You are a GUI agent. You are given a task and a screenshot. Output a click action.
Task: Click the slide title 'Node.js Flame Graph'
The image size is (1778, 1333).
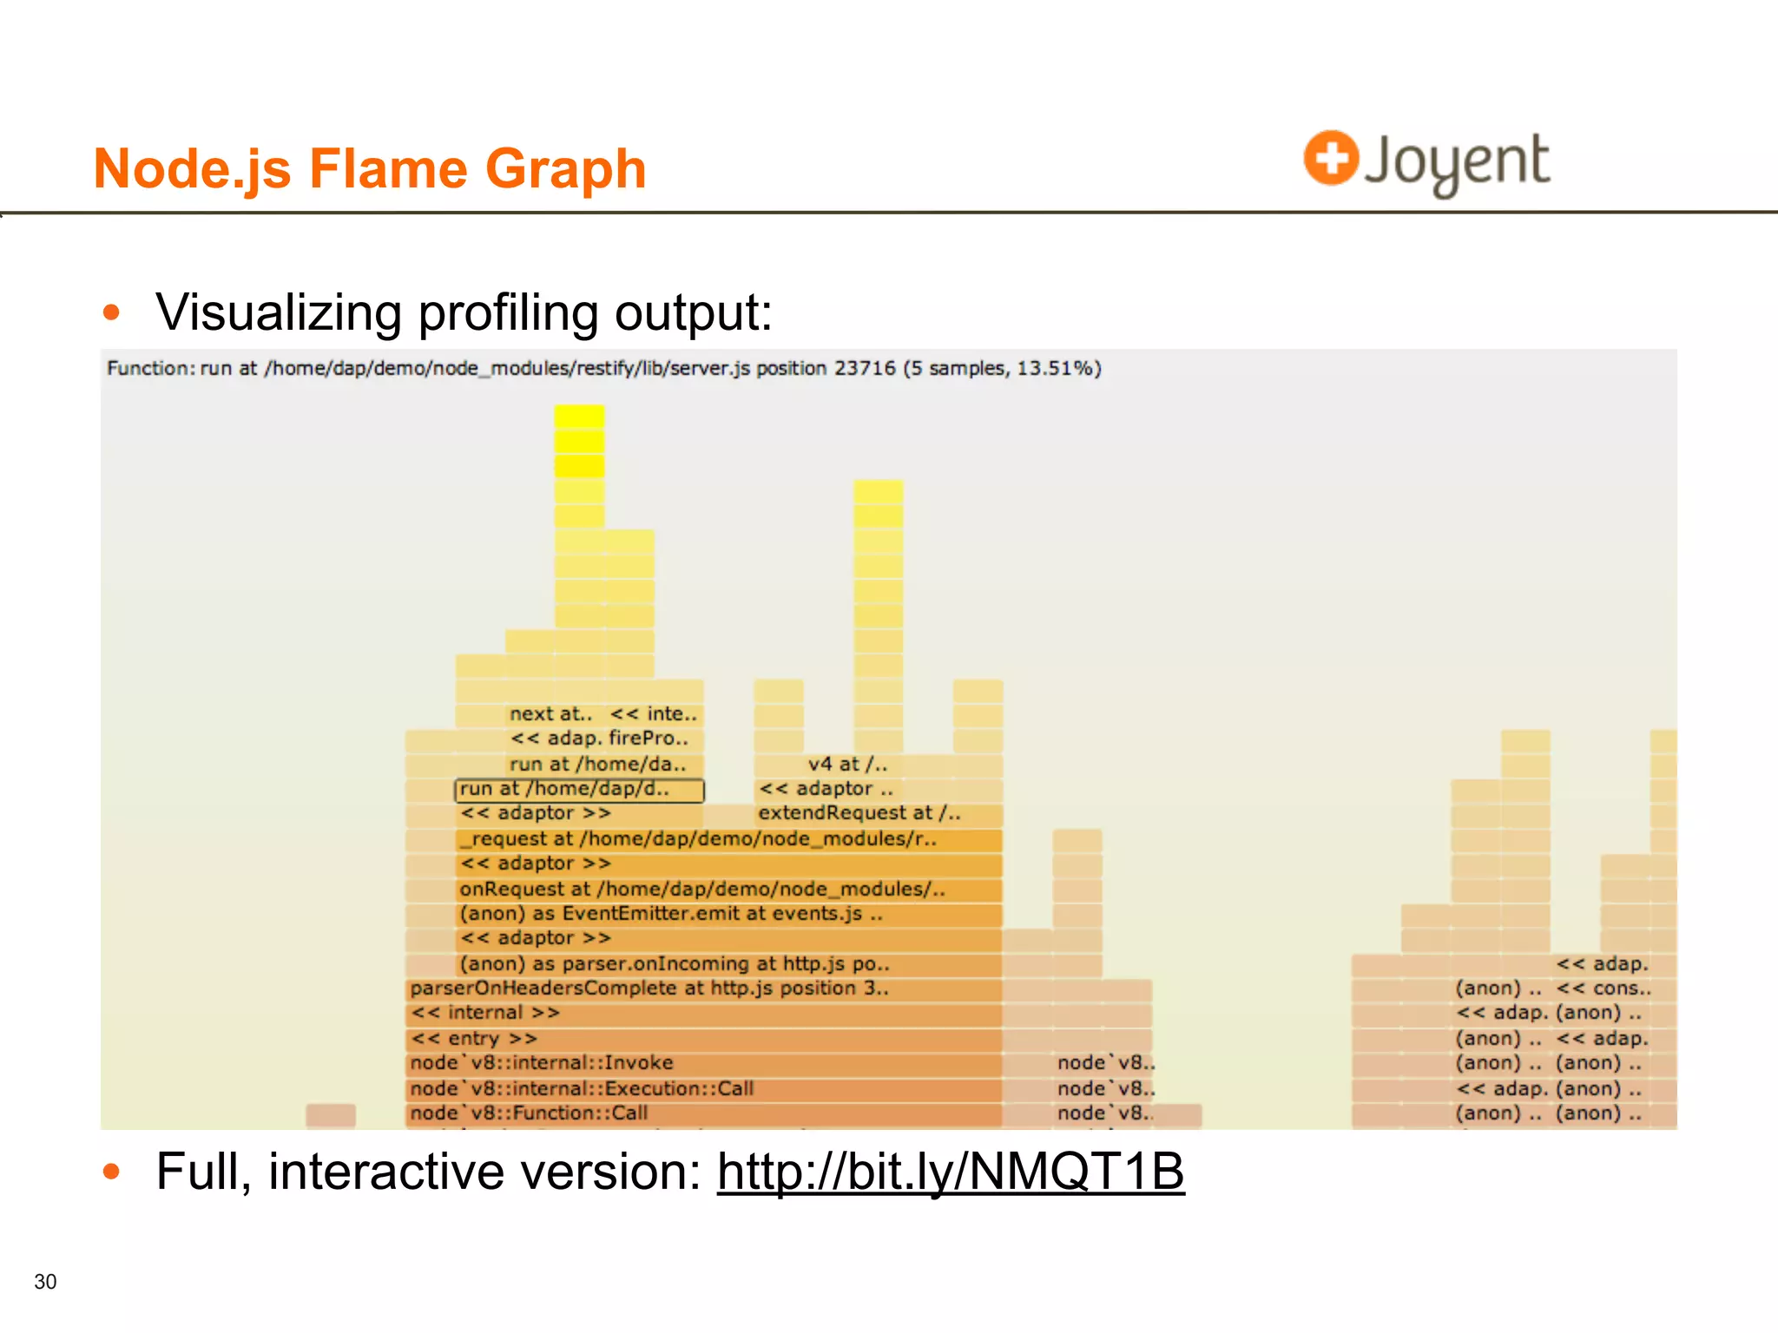pyautogui.click(x=370, y=168)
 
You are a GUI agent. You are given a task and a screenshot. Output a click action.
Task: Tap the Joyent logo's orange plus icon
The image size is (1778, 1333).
pyautogui.click(x=1330, y=158)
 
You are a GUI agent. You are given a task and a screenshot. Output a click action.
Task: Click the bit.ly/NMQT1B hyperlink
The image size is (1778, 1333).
pyautogui.click(x=950, y=1172)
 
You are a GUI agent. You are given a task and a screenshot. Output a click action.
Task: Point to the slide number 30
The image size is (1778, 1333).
pyautogui.click(x=45, y=1282)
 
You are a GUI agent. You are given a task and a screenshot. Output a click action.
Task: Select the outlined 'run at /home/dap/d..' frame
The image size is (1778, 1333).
pyautogui.click(x=579, y=790)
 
